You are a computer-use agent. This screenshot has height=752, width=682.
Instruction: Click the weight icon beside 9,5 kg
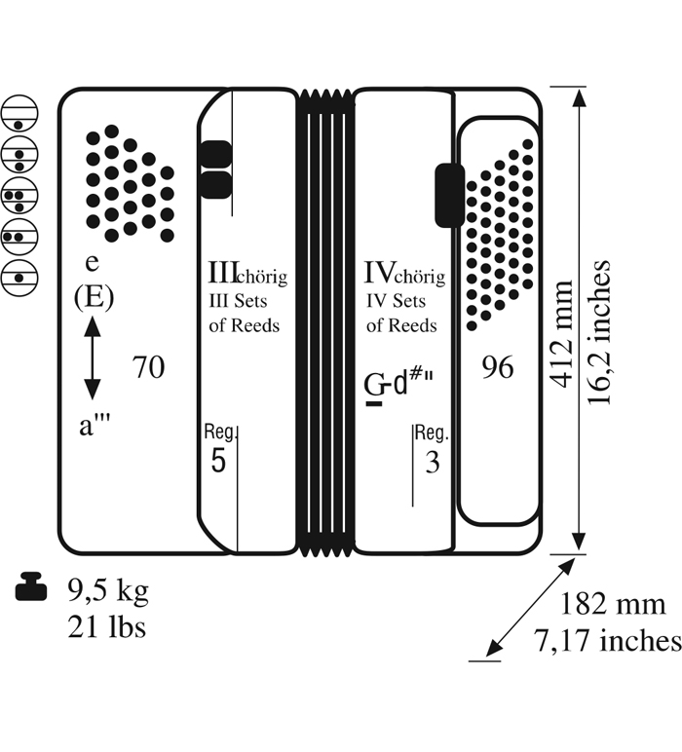click(31, 587)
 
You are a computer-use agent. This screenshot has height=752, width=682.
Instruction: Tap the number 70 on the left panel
click(148, 367)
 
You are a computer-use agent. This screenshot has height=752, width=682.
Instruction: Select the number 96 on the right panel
click(498, 368)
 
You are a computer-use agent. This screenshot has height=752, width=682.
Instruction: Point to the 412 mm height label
click(561, 334)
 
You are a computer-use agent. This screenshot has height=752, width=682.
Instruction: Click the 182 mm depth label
click(613, 604)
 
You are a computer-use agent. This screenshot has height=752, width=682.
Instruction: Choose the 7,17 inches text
click(608, 640)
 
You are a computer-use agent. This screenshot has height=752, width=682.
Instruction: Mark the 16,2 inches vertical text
click(599, 333)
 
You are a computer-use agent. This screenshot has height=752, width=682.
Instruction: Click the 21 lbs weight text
click(106, 626)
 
